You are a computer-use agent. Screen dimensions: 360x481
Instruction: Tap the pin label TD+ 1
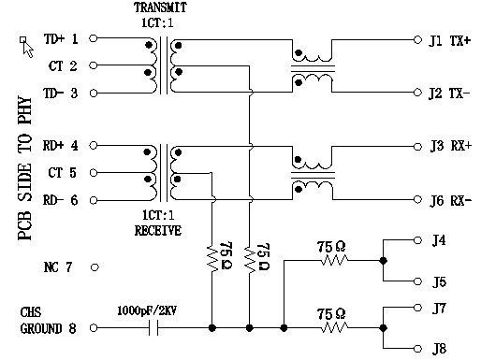(61, 40)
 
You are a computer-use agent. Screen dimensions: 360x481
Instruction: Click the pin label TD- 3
(61, 93)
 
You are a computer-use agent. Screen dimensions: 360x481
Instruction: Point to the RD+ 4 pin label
(61, 146)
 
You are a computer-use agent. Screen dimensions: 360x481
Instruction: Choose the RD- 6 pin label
(61, 199)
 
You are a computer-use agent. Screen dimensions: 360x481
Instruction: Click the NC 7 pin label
(58, 267)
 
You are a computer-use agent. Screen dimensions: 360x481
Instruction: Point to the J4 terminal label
(438, 241)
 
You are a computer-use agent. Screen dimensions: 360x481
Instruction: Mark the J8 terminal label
(438, 350)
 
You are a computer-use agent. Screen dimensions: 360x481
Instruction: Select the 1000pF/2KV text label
(146, 310)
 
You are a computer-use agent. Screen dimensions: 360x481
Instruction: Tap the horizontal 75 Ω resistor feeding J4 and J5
(334, 262)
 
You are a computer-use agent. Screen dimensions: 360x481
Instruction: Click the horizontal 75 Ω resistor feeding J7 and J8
(334, 328)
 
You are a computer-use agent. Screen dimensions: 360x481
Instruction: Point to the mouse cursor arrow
(24, 44)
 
